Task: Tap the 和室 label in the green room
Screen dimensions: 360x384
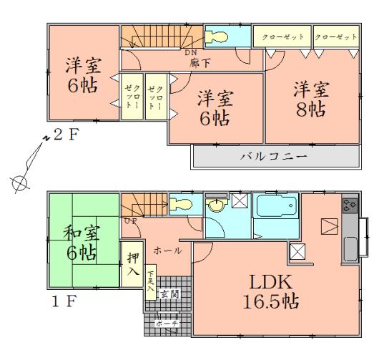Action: [80, 233]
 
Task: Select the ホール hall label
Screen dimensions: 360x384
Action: [166, 250]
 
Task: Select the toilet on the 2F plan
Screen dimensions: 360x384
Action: [217, 36]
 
